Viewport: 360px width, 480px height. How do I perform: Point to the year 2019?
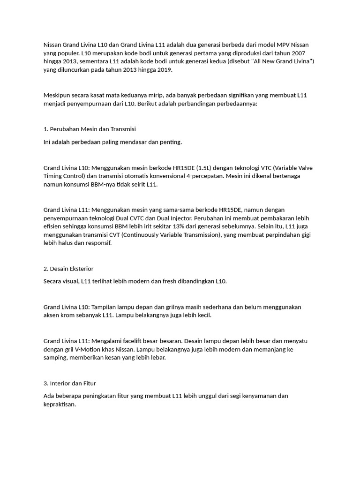click(x=164, y=70)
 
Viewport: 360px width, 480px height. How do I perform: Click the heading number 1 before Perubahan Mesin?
click(x=45, y=129)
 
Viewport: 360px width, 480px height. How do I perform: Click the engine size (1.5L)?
click(x=206, y=167)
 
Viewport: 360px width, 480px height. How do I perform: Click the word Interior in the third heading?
click(x=60, y=383)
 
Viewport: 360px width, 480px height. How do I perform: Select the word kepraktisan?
click(x=59, y=404)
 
